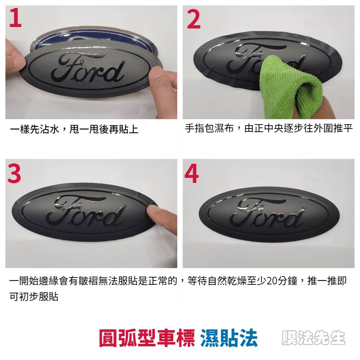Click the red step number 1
(x=15, y=17)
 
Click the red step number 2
(x=194, y=19)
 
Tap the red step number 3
(x=14, y=174)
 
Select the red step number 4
(x=192, y=174)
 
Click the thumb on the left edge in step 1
(x=14, y=57)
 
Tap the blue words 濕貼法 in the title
(x=229, y=338)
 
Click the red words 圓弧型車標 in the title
(x=147, y=338)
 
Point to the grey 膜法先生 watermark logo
(x=314, y=338)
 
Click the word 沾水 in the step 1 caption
(x=49, y=129)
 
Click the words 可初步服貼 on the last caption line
(x=34, y=297)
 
